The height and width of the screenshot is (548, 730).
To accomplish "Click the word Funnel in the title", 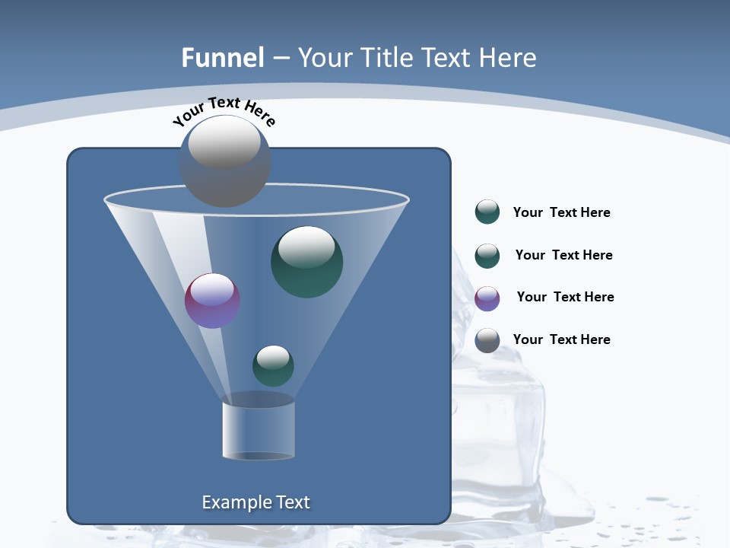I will (x=223, y=58).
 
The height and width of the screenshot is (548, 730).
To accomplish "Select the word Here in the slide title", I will (x=509, y=58).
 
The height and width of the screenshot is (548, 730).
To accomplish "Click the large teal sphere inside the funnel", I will (x=307, y=262).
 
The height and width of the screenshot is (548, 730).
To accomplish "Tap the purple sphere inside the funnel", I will (x=212, y=301).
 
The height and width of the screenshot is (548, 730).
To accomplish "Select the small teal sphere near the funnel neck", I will (x=273, y=365).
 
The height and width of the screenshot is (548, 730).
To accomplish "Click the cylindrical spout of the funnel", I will (x=259, y=430).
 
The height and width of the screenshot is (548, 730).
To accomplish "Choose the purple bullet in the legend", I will (x=487, y=298).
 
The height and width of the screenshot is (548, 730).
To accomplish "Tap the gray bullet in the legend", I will (x=487, y=340).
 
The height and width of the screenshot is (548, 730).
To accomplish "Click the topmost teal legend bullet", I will (x=487, y=212).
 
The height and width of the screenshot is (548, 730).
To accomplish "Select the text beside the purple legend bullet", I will (x=565, y=297).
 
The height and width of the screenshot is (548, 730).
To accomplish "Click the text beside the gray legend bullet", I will (x=561, y=339).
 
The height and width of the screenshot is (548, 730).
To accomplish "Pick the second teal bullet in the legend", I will (x=487, y=256).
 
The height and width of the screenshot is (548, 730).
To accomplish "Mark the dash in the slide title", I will (x=281, y=58).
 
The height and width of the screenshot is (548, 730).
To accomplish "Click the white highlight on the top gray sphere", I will (x=224, y=144).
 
